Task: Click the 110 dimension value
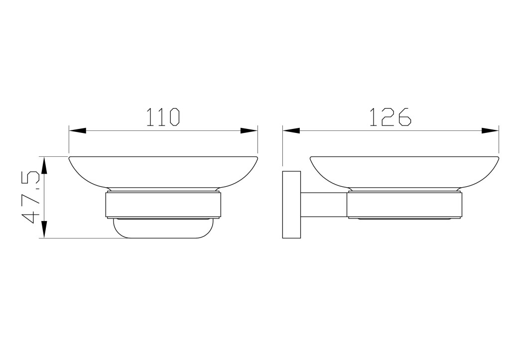[163, 117]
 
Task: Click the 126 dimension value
[390, 117]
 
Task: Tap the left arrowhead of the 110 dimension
[78, 131]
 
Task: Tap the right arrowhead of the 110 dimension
[249, 131]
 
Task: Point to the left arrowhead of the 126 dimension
[291, 131]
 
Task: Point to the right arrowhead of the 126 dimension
[490, 131]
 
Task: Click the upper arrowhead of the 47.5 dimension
[44, 165]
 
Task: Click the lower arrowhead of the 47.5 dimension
[44, 230]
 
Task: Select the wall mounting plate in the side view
[291, 205]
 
